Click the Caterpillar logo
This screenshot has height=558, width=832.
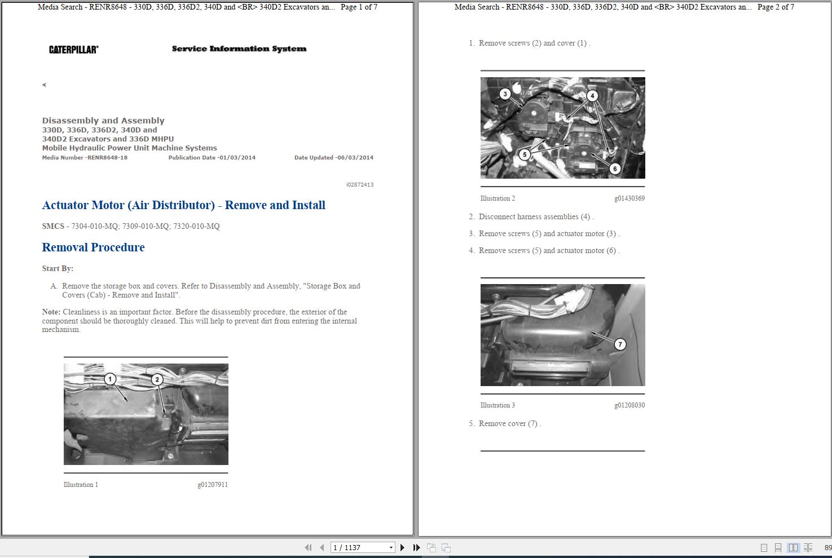click(73, 50)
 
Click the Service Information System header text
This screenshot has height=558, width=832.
click(239, 49)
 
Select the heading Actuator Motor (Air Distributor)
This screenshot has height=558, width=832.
click(128, 205)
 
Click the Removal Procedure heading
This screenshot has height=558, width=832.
click(93, 247)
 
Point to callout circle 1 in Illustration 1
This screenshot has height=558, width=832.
click(111, 379)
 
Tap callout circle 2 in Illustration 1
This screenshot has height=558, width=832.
click(157, 379)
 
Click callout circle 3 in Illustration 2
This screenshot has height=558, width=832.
click(505, 94)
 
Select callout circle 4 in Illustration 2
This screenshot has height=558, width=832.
click(592, 95)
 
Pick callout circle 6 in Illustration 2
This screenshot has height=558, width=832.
click(615, 168)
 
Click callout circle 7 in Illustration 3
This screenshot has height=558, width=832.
click(620, 344)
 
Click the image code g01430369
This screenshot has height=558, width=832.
click(629, 198)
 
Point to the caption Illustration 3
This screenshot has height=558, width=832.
click(498, 405)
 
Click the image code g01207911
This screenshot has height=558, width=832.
click(213, 485)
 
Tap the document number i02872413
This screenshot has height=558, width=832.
click(360, 185)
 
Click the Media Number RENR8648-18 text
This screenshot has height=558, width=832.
click(85, 158)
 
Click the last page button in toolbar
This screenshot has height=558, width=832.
click(416, 548)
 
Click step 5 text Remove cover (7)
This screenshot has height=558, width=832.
click(509, 424)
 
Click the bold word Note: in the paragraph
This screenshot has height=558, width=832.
click(51, 312)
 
